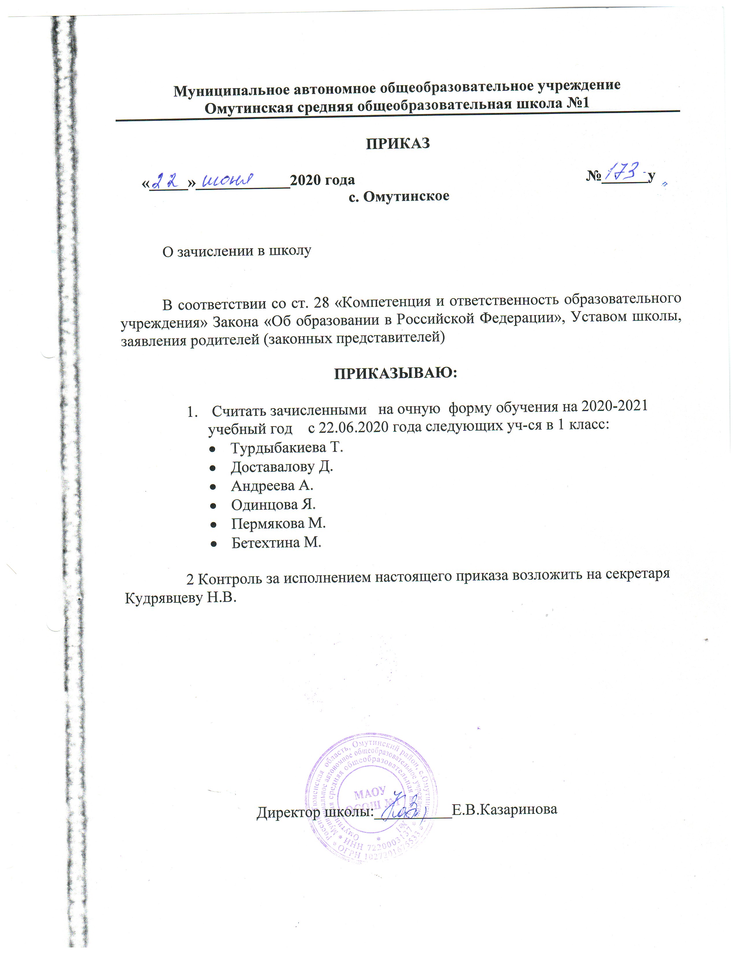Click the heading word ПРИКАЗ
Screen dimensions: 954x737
coord(398,144)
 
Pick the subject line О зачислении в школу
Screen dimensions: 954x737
coord(237,251)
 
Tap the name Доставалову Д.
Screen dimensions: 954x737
coord(282,467)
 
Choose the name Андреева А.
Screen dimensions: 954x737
coord(272,486)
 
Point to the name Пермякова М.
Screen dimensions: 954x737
coord(278,524)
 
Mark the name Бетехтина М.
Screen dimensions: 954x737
coord(276,543)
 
